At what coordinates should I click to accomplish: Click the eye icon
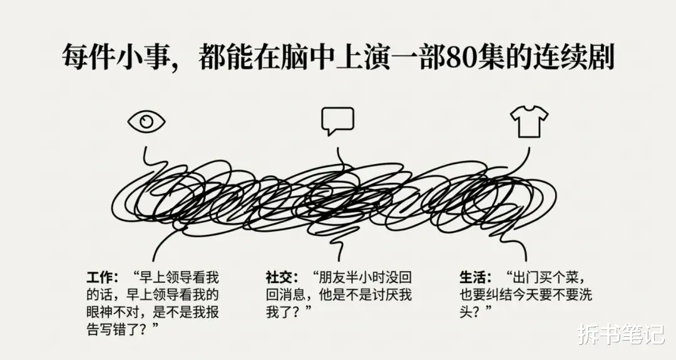[x=146, y=121]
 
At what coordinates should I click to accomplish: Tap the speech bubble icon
[x=337, y=120]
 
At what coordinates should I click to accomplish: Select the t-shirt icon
[x=528, y=121]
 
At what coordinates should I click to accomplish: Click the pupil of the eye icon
[x=146, y=121]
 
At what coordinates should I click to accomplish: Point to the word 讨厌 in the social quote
[x=386, y=294]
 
